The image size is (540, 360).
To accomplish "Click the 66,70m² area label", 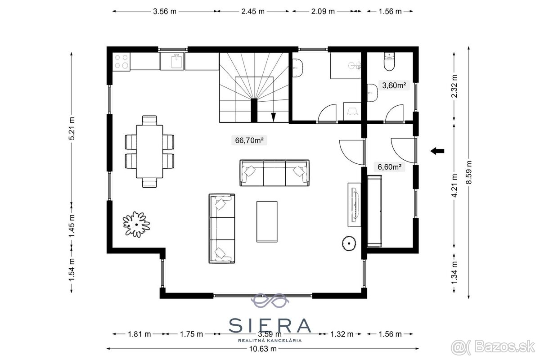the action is (x=249, y=140).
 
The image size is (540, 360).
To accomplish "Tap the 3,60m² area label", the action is (x=394, y=85).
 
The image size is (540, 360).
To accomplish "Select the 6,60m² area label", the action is (x=389, y=167).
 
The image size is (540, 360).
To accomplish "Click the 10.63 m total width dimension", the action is (x=263, y=349).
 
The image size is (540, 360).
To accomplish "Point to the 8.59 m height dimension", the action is (x=468, y=172).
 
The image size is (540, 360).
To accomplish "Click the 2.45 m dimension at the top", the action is (x=253, y=11).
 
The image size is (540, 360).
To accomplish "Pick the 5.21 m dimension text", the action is (x=72, y=128).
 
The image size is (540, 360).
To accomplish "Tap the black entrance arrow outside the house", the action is (x=437, y=151).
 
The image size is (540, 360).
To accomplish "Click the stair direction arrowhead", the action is (x=274, y=117).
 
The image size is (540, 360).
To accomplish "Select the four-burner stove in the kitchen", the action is (x=121, y=62).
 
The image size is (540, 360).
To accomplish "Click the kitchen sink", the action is (x=177, y=61).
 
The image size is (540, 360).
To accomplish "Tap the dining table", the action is (x=149, y=152).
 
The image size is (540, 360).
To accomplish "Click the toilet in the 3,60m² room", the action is (x=389, y=62).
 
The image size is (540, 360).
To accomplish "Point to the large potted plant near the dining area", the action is (x=136, y=224).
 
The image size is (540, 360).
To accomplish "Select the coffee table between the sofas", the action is (x=267, y=221).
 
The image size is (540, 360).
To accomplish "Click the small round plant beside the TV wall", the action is (x=349, y=243).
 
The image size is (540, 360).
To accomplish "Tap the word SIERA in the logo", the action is (x=270, y=325).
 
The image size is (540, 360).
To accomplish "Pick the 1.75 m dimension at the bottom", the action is (x=191, y=334).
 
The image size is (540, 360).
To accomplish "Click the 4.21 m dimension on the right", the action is (x=454, y=185).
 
